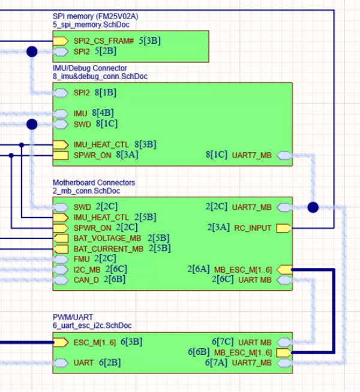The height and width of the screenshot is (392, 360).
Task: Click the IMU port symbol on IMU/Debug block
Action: [61, 113]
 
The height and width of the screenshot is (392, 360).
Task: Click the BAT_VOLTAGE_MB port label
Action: [108, 238]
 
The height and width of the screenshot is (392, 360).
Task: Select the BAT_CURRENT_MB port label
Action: [108, 248]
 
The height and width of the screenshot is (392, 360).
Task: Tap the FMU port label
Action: [82, 258]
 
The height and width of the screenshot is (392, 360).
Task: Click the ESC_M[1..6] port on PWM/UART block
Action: [61, 342]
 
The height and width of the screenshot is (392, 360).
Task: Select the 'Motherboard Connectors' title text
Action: [94, 182]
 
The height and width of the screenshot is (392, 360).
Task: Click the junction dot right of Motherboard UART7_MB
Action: [313, 207]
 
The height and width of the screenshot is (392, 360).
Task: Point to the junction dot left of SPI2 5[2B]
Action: [32, 52]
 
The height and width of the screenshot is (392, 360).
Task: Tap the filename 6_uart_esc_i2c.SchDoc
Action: [92, 325]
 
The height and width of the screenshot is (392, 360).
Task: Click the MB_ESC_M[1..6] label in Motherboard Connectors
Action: [243, 269]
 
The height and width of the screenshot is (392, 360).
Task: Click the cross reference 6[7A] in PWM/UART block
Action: [217, 362]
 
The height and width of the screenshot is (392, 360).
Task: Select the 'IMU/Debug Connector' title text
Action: [89, 68]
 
